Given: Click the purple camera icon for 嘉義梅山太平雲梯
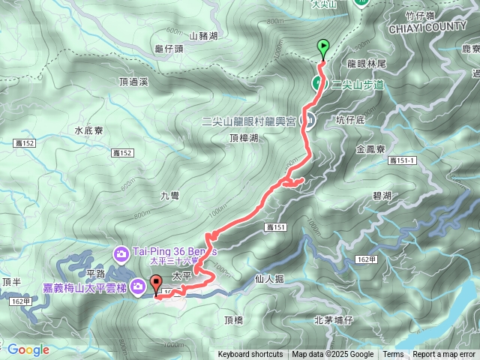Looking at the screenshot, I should [138, 286].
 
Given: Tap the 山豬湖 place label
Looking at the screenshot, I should [203, 35].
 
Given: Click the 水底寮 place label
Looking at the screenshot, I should [88, 129].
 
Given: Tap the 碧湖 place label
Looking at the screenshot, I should [382, 195].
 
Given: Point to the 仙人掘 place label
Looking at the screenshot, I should [270, 278].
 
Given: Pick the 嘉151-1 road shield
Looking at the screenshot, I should [403, 160].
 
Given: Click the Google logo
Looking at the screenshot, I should [28, 349].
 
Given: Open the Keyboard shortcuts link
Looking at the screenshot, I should [250, 355].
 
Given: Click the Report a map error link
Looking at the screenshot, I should [445, 355].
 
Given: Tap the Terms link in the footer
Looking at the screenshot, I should [393, 355].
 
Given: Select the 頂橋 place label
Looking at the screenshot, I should [234, 319].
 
